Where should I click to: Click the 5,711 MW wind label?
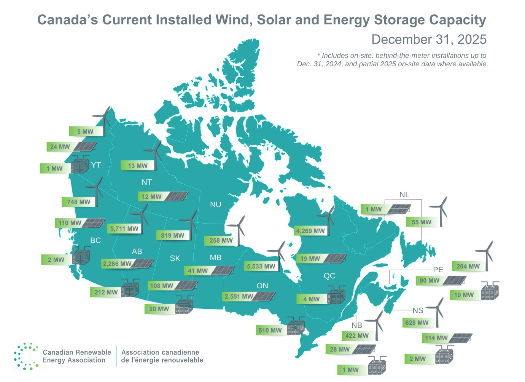pyautogui.click(x=124, y=229)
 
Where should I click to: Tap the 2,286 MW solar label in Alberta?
pyautogui.click(x=117, y=264)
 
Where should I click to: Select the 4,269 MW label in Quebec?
pyautogui.click(x=310, y=231)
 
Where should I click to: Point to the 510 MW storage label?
pyautogui.click(x=270, y=330)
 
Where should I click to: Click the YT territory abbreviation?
pyautogui.click(x=96, y=165)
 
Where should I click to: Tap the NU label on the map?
pyautogui.click(x=215, y=205)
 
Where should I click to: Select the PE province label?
pyautogui.click(x=438, y=270)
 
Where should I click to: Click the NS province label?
pyautogui.click(x=418, y=310)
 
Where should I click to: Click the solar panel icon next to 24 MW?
pyautogui.click(x=85, y=147)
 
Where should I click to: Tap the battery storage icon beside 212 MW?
pyautogui.click(x=130, y=288)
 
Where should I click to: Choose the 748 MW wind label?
pyautogui.click(x=79, y=202)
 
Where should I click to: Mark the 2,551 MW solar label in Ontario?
pyautogui.click(x=239, y=296)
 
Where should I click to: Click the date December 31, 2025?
pyautogui.click(x=429, y=39)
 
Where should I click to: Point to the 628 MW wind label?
pyautogui.click(x=417, y=323)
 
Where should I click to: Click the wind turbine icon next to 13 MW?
pyautogui.click(x=154, y=155)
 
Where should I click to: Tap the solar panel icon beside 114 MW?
pyautogui.click(x=460, y=338)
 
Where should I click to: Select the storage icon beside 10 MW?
pyautogui.click(x=490, y=291)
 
